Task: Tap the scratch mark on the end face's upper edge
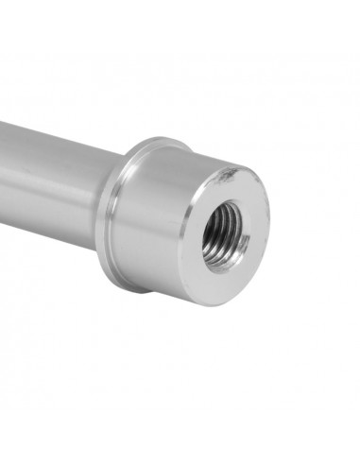[228, 175]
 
